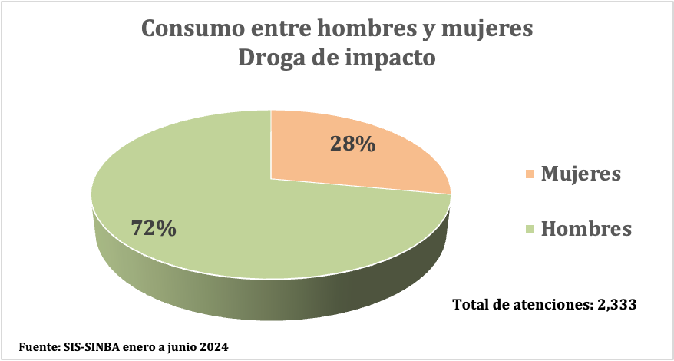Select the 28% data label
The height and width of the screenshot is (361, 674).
pyautogui.click(x=352, y=144)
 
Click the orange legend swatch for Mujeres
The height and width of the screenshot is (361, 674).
pyautogui.click(x=530, y=174)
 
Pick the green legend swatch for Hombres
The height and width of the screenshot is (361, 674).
pyautogui.click(x=530, y=229)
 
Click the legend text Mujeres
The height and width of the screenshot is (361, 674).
pyautogui.click(x=580, y=174)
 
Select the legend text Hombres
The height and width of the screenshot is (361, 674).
pyautogui.click(x=586, y=228)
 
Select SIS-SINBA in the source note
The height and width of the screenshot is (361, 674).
pyautogui.click(x=91, y=346)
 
